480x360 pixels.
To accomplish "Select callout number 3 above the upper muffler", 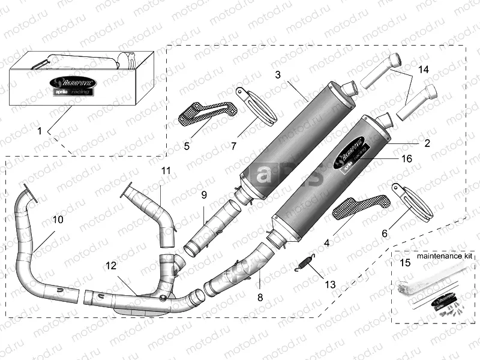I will tap(278, 74).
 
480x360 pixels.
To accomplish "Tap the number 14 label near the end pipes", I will tap(424, 70).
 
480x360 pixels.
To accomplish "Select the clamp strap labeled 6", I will tap(413, 201).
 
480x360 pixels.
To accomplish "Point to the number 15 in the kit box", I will tap(406, 262).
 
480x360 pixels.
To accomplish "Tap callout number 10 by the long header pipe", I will tap(58, 220).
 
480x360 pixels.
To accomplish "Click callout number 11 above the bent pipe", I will tap(166, 171).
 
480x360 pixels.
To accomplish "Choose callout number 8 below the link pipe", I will tap(260, 296).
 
